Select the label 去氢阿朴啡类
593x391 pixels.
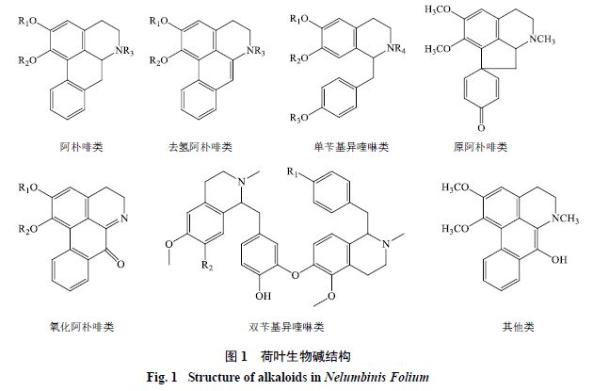(200, 148)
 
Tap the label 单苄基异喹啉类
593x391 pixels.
(340, 148)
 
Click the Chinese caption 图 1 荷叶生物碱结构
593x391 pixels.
(288, 357)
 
